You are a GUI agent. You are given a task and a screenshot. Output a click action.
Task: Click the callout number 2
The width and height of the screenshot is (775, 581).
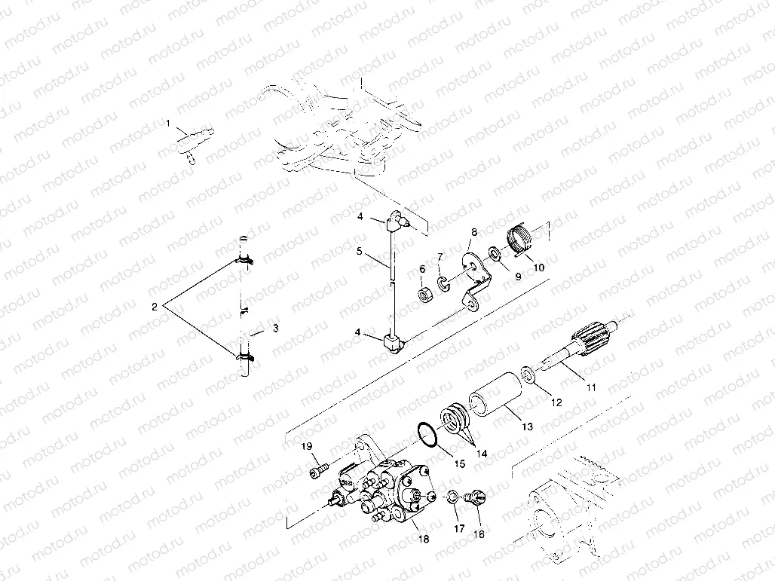[155, 307]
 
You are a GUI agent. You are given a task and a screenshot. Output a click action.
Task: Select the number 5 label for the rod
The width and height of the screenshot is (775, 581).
[360, 250]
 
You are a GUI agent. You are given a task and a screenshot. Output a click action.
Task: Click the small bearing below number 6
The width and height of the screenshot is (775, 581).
[426, 292]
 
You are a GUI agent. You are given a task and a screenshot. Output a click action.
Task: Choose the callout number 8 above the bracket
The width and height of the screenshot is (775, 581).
[474, 234]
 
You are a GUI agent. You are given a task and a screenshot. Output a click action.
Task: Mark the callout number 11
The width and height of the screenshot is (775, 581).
[591, 387]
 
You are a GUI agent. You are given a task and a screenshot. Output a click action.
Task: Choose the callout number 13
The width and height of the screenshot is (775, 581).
[526, 427]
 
